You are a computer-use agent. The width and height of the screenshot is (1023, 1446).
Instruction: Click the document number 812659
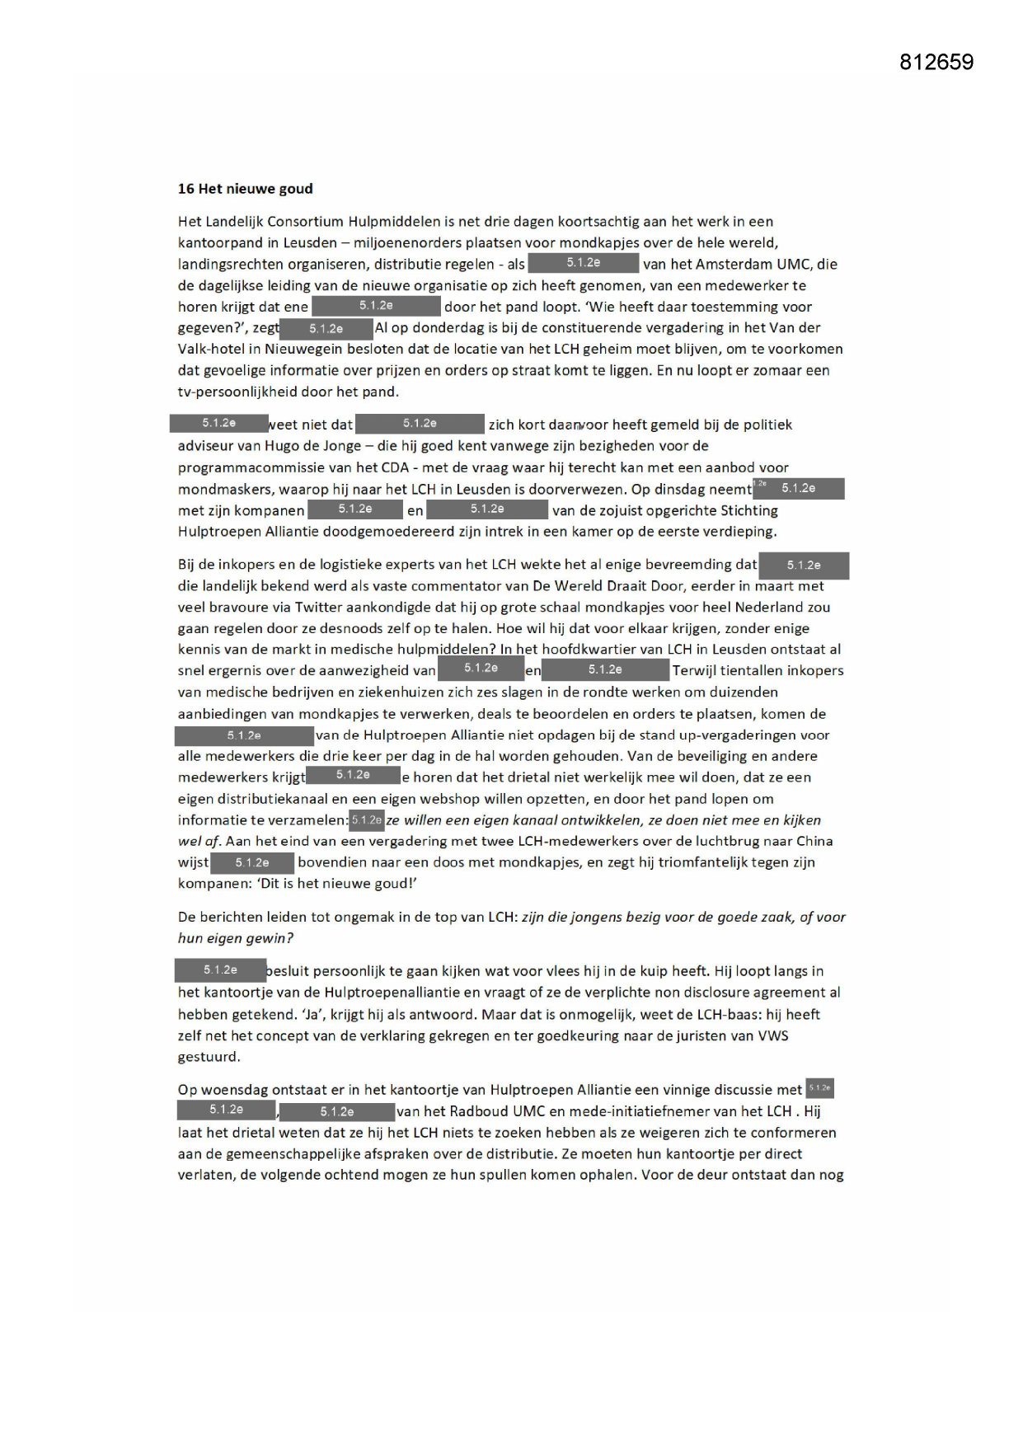click(x=936, y=63)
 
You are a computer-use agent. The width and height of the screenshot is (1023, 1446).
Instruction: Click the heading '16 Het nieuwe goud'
click(x=246, y=189)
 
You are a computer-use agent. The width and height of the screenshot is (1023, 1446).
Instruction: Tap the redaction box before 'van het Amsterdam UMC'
click(x=583, y=263)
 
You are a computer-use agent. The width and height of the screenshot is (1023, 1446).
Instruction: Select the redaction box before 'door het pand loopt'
click(x=376, y=306)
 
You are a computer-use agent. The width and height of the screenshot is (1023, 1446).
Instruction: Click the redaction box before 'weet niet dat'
click(x=219, y=424)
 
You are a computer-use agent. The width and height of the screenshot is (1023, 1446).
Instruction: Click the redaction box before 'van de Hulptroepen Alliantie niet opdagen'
click(x=244, y=735)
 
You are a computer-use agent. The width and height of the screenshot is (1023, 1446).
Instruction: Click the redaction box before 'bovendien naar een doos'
click(x=252, y=863)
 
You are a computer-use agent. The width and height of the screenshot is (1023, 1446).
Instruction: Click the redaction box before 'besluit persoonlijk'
click(x=220, y=970)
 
